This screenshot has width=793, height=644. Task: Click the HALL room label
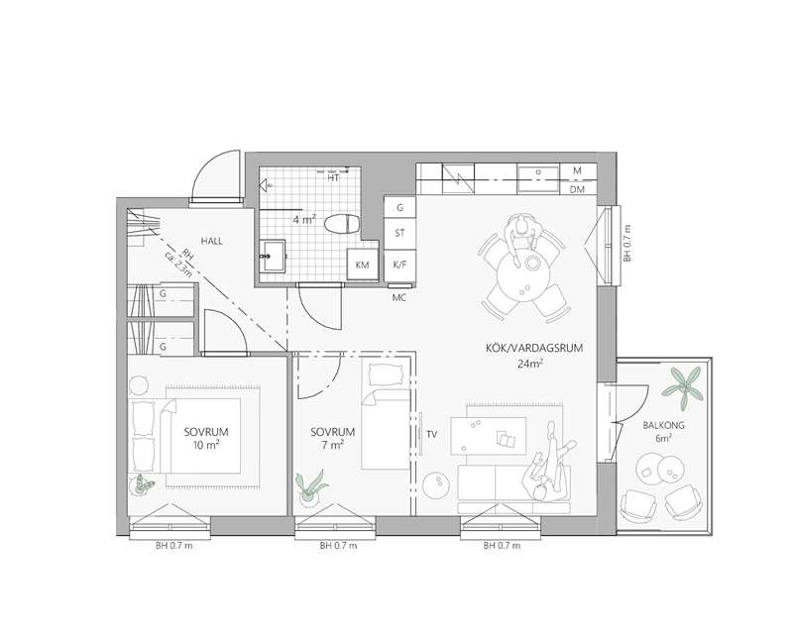[x=211, y=241]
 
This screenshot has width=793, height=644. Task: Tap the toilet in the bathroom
[x=342, y=224]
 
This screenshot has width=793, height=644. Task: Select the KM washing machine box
[x=363, y=264]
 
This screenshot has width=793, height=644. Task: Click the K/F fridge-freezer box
[x=399, y=264]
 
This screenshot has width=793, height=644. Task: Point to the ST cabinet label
[x=399, y=233]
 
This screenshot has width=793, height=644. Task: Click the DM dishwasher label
[x=577, y=189]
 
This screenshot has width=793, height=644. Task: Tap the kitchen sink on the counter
[x=538, y=178]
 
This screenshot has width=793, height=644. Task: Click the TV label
[x=431, y=434]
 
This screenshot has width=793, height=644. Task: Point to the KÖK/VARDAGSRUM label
[x=534, y=348]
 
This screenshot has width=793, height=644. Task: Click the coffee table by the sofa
[x=488, y=435]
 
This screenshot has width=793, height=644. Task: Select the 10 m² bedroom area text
[x=206, y=445]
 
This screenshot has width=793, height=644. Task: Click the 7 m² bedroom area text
[x=333, y=445]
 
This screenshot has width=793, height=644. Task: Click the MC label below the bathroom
[x=399, y=298]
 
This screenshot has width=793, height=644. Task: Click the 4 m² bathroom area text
[x=304, y=220]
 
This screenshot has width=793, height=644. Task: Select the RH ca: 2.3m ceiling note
[x=179, y=263]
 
